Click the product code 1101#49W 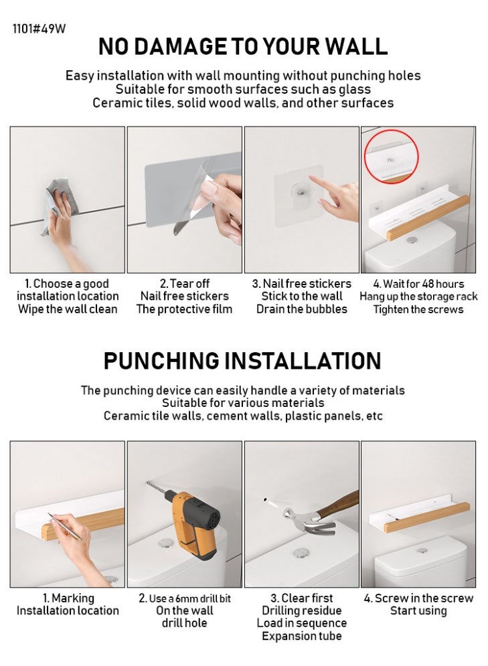[39, 29]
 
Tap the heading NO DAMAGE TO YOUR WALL [243, 46]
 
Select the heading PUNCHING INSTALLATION [242, 361]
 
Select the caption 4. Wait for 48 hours [418, 284]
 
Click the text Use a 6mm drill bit [189, 598]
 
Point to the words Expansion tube [301, 636]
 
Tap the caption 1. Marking [68, 598]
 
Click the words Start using [418, 611]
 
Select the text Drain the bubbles [301, 309]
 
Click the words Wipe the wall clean [68, 309]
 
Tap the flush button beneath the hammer [301, 553]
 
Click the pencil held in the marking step [64, 527]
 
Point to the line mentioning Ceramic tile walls [243, 416]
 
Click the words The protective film [184, 309]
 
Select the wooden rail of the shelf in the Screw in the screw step [427, 517]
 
